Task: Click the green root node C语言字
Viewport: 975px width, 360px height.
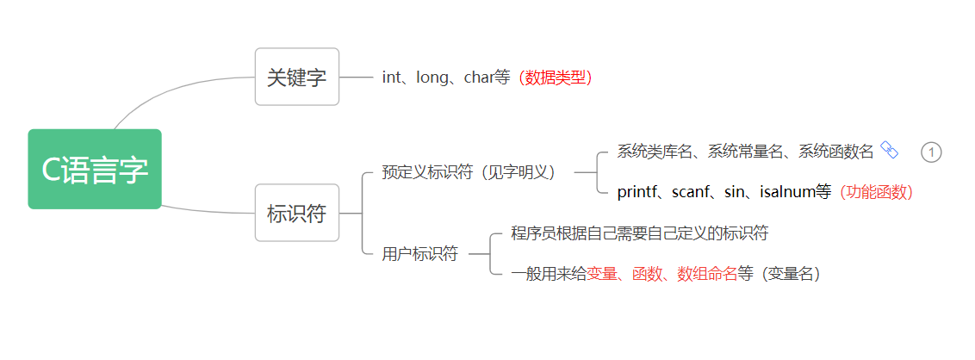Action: [x=95, y=169]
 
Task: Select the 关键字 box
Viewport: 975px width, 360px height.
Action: [x=297, y=77]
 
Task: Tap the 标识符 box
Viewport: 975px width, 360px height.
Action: [x=297, y=213]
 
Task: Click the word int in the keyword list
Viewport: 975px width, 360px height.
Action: [x=392, y=78]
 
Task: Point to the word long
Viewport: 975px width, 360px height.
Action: [x=432, y=78]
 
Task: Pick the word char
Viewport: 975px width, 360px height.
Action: [x=478, y=78]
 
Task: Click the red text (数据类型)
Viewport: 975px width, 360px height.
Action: [x=555, y=78]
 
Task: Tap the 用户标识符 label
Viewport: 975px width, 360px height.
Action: [x=420, y=254]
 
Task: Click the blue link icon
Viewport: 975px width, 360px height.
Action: [x=890, y=152]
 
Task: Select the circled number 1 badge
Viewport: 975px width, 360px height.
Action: [x=931, y=152]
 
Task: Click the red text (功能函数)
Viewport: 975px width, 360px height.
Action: [x=876, y=192]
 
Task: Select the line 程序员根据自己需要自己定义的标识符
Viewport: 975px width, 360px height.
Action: [x=639, y=233]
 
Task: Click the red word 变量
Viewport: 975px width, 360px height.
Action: [x=602, y=274]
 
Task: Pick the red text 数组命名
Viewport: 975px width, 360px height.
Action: [x=707, y=274]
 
